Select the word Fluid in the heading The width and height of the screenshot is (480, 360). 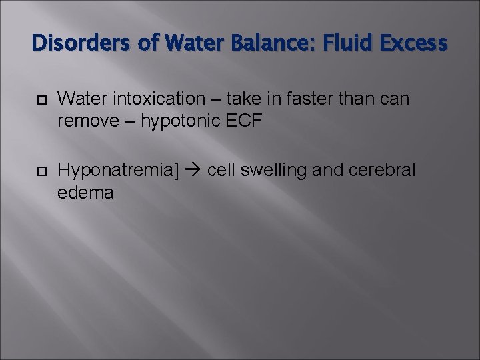(339, 44)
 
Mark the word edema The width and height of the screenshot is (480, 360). (85, 193)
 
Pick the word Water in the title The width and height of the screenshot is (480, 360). (183, 44)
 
